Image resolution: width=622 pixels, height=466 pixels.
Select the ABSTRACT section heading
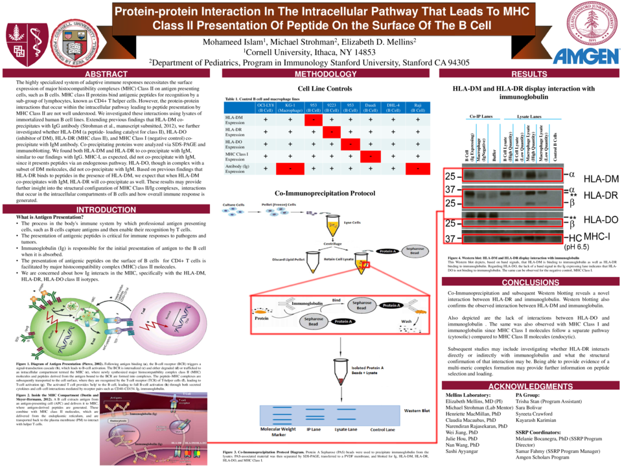[106, 74]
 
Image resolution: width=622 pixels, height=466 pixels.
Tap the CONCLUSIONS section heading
[525, 282]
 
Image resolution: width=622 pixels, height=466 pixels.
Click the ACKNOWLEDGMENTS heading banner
[525, 386]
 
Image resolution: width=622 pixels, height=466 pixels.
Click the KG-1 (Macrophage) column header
[290, 107]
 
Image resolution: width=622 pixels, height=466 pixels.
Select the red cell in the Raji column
[417, 169]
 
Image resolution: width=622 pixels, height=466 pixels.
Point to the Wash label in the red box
[406, 320]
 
